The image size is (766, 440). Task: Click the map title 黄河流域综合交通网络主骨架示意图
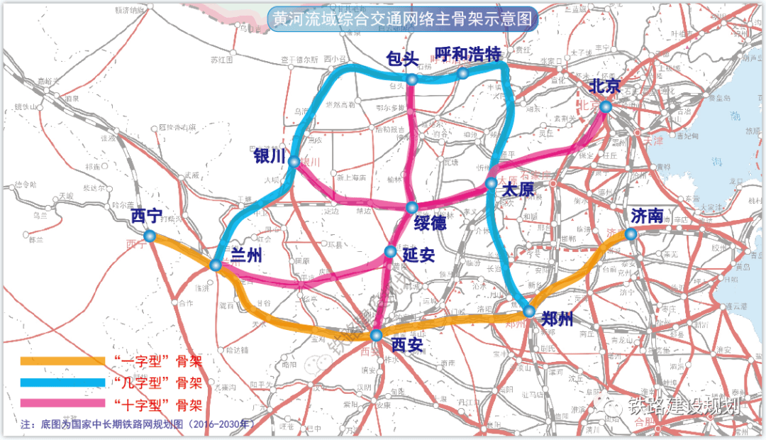click(x=402, y=19)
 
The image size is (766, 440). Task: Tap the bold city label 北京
click(x=604, y=87)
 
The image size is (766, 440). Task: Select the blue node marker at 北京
click(x=605, y=106)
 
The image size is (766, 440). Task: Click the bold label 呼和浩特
click(x=468, y=55)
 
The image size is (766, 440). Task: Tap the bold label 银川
click(x=269, y=156)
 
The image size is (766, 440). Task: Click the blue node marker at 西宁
click(x=149, y=236)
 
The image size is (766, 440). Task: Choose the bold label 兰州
click(x=246, y=255)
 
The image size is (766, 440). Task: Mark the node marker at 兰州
click(x=216, y=265)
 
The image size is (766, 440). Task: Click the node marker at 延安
click(x=390, y=251)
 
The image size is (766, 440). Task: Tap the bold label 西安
click(x=406, y=346)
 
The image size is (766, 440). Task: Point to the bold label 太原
click(x=517, y=190)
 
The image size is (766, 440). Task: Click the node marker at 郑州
click(x=529, y=312)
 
